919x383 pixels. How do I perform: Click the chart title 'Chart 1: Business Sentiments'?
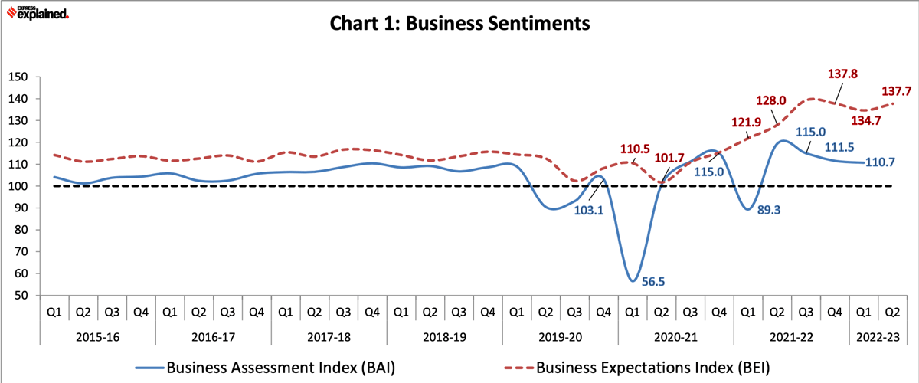pyautogui.click(x=459, y=24)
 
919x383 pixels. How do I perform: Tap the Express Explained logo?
pyautogui.click(x=38, y=12)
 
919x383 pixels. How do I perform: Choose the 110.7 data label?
pyautogui.click(x=881, y=162)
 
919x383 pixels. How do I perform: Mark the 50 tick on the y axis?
pyautogui.click(x=21, y=296)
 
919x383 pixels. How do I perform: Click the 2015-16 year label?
pyautogui.click(x=98, y=337)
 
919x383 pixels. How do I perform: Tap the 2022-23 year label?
pyautogui.click(x=878, y=337)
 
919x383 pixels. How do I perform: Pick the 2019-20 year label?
pyautogui.click(x=560, y=337)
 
